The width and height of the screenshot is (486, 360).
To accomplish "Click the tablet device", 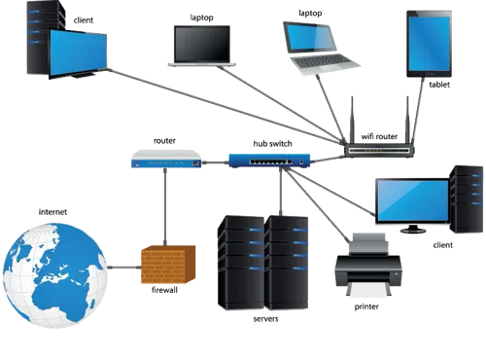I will tap(431, 44).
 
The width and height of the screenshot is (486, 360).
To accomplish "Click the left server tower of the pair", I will tap(241, 261).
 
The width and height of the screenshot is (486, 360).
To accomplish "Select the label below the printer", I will tap(368, 306).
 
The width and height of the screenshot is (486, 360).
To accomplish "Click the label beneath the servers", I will tap(264, 318).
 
